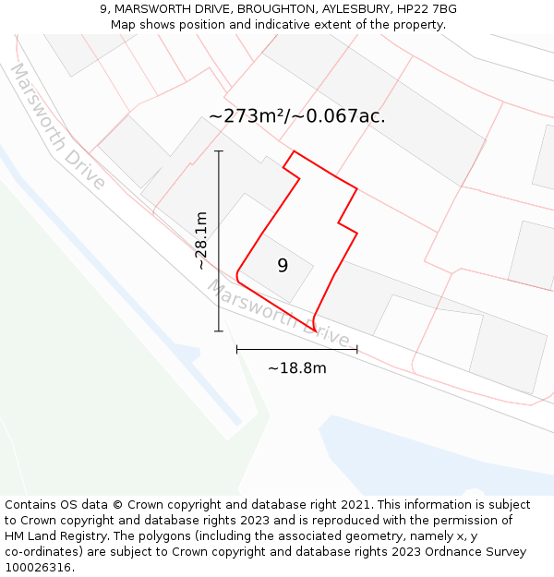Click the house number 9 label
point(283,266)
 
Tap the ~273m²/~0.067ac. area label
point(296,116)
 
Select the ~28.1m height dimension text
point(201,240)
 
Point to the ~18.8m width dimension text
point(296,368)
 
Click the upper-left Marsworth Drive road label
point(57,126)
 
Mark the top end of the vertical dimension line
point(219,150)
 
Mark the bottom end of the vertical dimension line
point(219,331)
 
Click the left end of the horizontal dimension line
point(237,350)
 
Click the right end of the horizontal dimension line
point(357,350)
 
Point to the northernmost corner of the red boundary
point(294,151)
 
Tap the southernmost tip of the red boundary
point(316,331)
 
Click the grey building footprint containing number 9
point(276,268)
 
